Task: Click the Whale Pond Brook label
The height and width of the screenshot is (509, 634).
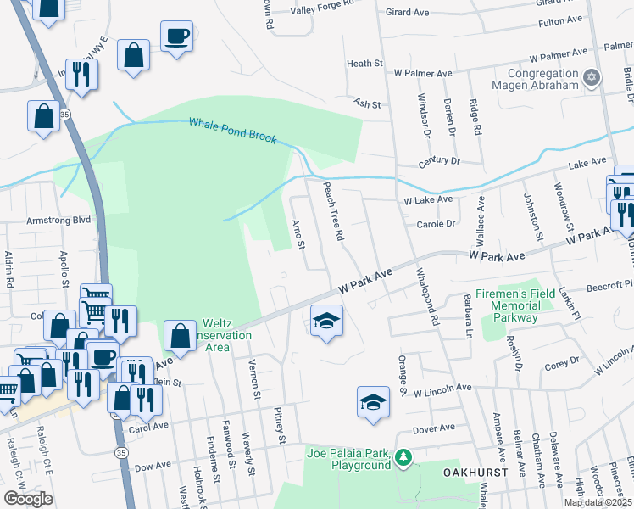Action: click(232, 130)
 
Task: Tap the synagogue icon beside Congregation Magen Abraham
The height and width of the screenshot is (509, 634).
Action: click(592, 79)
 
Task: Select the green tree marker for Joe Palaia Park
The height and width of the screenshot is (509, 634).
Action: click(404, 458)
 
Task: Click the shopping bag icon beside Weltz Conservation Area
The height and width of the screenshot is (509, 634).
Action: click(181, 335)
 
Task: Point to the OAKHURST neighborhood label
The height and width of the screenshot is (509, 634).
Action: click(474, 471)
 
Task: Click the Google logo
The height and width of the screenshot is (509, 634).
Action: click(28, 499)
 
